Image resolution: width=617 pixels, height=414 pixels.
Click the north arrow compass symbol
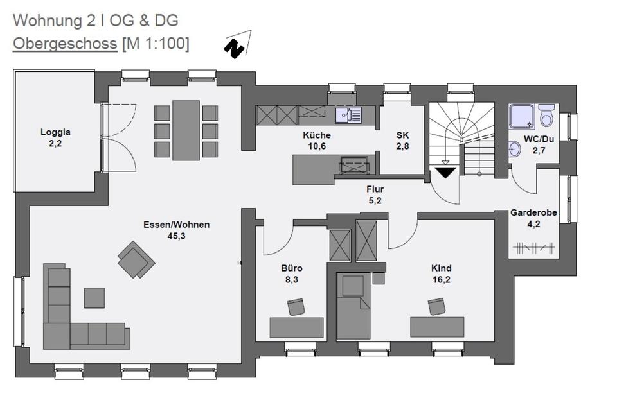pos(237,45)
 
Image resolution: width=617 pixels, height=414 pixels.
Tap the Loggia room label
pos(55,132)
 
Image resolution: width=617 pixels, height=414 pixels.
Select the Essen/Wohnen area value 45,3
pos(176,236)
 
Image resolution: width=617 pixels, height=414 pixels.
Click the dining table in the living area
pos(186,130)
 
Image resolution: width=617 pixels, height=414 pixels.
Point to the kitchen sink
pos(348,115)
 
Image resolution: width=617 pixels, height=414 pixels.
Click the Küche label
pos(317,135)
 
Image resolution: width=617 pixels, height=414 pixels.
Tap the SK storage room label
pos(402,135)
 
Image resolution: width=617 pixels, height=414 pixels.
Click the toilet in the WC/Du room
pos(546,114)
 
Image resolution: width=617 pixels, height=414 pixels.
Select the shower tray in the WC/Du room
pos(522,117)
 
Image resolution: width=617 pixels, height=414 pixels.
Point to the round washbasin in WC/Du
pos(514,150)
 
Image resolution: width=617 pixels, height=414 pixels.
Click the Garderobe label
pos(533,212)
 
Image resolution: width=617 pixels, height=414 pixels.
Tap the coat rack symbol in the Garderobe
pos(534,248)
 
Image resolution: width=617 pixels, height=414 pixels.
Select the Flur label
pos(375,189)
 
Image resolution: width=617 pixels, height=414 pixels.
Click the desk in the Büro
pos(296,327)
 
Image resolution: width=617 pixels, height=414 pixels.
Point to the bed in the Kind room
pos(353,306)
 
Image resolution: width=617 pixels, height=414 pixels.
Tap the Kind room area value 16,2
pos(442,280)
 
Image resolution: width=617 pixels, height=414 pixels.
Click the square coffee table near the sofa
pos(94,298)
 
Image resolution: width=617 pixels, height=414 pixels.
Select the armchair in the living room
pos(136,259)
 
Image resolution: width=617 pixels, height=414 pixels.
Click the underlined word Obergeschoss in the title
pos(66,44)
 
